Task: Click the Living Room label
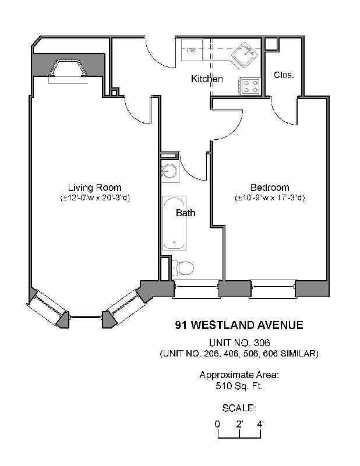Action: pos(94,188)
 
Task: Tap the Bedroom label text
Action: pos(269,188)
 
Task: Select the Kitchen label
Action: pos(207,79)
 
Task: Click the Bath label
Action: pos(186,213)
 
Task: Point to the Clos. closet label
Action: pos(283,75)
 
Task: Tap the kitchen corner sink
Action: pos(245,55)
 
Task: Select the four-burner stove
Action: pos(250,86)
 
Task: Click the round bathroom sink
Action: pos(170,172)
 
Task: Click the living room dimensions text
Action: pos(94,198)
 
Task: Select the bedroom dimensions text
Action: pos(269,198)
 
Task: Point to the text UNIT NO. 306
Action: pos(239,343)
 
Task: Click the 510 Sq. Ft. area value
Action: pos(239,385)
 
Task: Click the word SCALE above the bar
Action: pos(239,408)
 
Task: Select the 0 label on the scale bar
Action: pos(217,423)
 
